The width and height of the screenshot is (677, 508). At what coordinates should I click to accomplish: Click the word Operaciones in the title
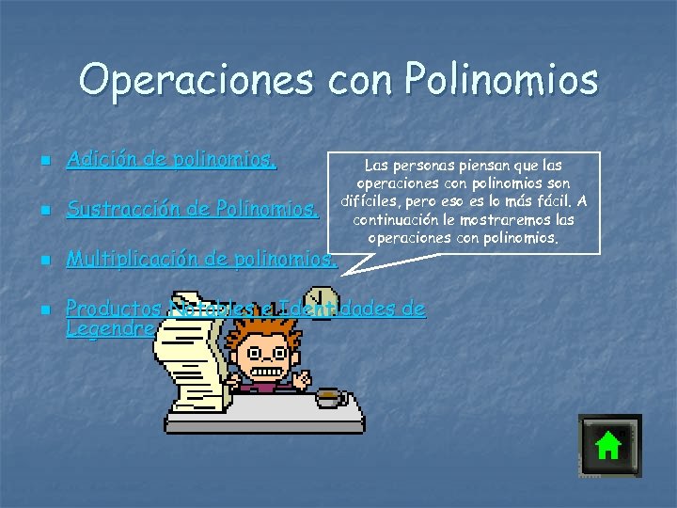[197, 80]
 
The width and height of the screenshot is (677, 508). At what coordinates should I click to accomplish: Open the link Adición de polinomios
[171, 160]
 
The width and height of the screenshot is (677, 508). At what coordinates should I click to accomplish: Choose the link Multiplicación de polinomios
[200, 258]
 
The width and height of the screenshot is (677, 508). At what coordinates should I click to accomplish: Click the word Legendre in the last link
[110, 329]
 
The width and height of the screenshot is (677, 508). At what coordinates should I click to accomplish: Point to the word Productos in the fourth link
[115, 308]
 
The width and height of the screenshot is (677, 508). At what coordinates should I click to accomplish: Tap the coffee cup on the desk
[328, 397]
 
